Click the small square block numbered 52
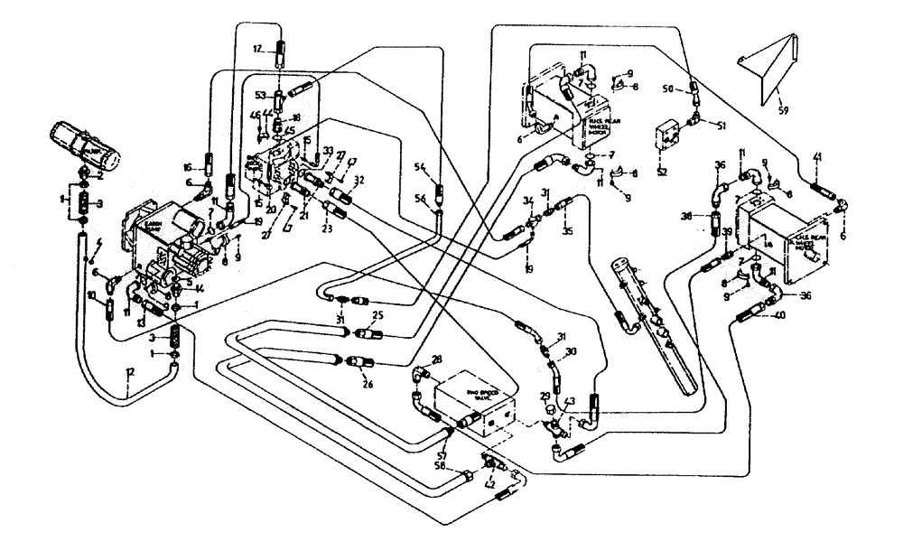(x=668, y=135)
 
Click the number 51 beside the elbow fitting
(x=720, y=125)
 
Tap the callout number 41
(x=817, y=158)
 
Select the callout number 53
(x=260, y=94)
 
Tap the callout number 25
(x=378, y=315)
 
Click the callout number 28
(x=438, y=360)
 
